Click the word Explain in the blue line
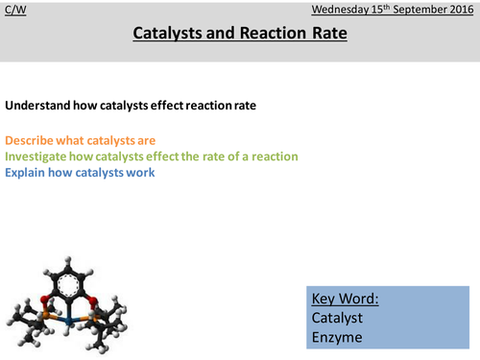click(28, 172)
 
